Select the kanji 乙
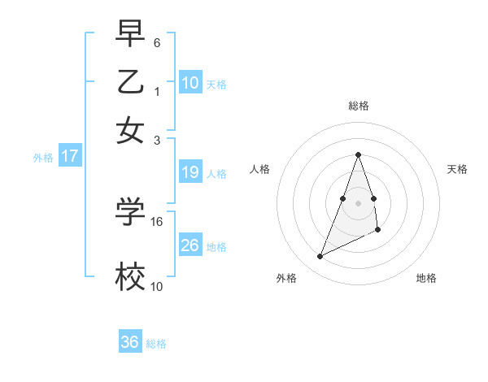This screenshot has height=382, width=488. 130,81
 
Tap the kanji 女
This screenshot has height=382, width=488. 130,130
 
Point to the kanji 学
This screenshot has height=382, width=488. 130,211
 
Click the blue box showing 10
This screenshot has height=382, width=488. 190,82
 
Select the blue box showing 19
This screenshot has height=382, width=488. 190,172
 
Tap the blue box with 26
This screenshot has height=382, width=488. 190,245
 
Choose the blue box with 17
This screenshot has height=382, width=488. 69,156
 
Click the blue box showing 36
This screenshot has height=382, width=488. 130,342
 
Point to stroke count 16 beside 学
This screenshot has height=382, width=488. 157,221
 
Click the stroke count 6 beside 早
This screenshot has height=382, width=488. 157,41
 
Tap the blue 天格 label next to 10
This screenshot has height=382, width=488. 216,84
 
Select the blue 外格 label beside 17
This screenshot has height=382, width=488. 43,158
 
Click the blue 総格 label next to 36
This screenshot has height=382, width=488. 156,344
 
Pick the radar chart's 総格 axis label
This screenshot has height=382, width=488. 358,106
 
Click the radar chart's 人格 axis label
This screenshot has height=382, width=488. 260,169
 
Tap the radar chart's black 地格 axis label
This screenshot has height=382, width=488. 426,278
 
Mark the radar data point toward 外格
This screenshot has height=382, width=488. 320,257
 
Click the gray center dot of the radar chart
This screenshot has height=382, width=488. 358,202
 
